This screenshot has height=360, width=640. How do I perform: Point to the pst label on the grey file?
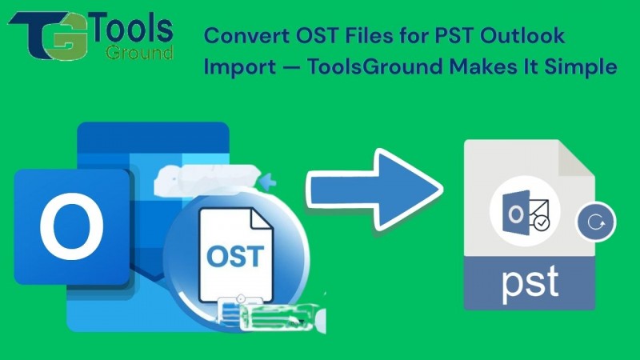coord(530,282)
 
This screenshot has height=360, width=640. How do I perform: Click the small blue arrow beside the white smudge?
coord(269,182)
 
